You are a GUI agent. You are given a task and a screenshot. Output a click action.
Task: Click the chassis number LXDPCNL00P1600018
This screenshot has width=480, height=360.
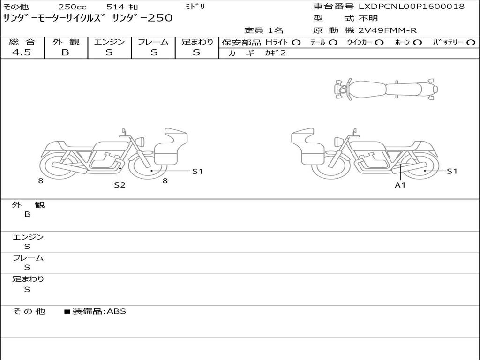pyautogui.click(x=412, y=7)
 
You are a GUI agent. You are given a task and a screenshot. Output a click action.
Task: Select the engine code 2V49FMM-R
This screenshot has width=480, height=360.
pyautogui.click(x=388, y=30)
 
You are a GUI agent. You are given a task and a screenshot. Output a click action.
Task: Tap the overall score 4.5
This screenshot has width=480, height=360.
pyautogui.click(x=22, y=52)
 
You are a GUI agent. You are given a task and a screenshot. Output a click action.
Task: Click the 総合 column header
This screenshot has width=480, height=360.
pyautogui.click(x=22, y=42)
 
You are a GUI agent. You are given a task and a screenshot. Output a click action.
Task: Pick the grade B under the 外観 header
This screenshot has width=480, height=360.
pyautogui.click(x=65, y=52)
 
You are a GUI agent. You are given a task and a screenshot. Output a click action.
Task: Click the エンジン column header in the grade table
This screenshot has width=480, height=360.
pyautogui.click(x=110, y=42)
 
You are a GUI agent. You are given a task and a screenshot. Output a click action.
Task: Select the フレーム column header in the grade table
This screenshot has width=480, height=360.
pyautogui.click(x=153, y=42)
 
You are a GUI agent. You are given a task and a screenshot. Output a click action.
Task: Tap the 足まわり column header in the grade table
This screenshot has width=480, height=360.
pyautogui.click(x=197, y=42)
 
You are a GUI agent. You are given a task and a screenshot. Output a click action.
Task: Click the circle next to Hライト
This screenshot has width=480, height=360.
pyautogui.click(x=296, y=43)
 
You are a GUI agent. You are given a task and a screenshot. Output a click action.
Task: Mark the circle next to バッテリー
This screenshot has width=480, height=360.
pyautogui.click(x=471, y=43)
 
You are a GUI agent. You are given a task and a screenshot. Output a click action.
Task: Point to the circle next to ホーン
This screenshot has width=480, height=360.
pyautogui.click(x=417, y=43)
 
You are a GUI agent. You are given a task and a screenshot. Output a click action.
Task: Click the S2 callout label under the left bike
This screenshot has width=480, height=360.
pyautogui.click(x=120, y=185)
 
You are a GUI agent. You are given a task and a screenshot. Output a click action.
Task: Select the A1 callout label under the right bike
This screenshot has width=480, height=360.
pyautogui.click(x=400, y=185)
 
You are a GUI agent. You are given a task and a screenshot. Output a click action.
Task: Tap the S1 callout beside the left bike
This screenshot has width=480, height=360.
pyautogui.click(x=197, y=171)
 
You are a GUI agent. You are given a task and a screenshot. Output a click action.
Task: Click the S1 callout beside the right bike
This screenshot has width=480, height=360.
pyautogui.click(x=451, y=171)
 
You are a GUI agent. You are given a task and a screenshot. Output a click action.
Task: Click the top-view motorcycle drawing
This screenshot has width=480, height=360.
pyautogui.click(x=385, y=89)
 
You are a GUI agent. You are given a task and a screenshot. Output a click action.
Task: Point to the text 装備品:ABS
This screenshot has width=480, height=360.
pyautogui.click(x=99, y=311)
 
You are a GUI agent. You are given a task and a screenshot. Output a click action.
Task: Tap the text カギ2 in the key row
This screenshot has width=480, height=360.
pyautogui.click(x=275, y=53)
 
